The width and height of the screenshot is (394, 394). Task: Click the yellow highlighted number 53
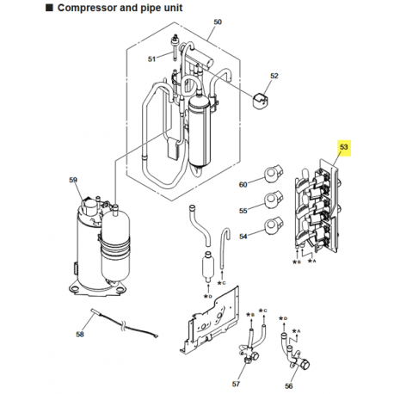tap(345, 149)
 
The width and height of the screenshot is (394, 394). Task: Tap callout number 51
tap(151, 58)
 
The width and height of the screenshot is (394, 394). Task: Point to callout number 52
tap(274, 77)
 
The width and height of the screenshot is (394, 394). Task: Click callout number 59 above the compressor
tap(72, 181)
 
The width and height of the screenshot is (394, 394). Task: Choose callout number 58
tap(80, 333)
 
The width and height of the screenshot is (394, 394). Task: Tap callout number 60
tap(243, 184)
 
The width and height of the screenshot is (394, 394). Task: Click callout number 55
tap(243, 210)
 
